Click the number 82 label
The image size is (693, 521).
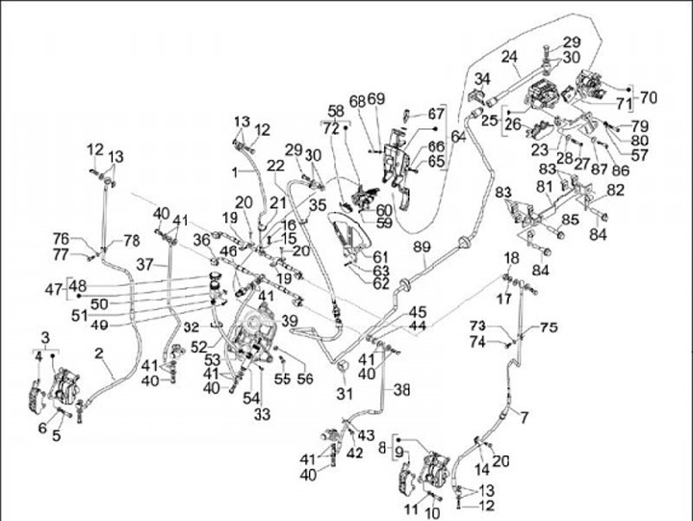(615, 191)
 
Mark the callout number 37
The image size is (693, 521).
(144, 263)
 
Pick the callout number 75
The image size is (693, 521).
(549, 327)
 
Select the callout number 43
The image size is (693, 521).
(367, 436)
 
